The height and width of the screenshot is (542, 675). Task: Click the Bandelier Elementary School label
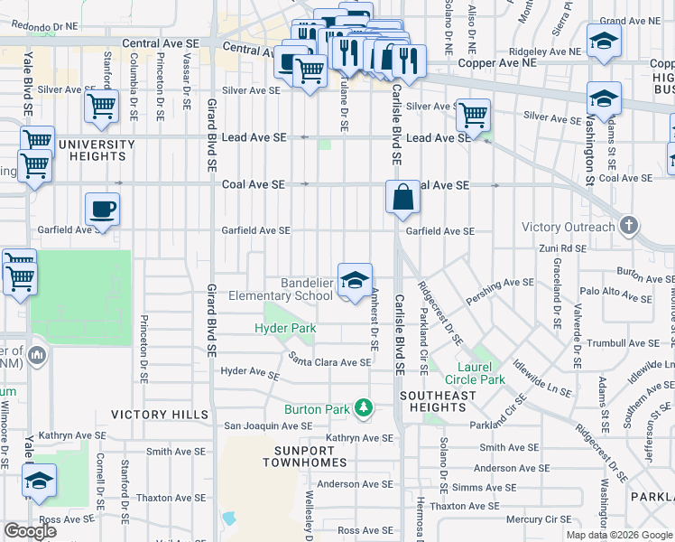point(281,289)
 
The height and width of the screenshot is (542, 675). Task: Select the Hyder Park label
point(285,328)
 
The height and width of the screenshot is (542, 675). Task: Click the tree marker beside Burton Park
point(363,409)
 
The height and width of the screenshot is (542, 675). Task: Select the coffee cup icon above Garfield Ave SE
point(102,210)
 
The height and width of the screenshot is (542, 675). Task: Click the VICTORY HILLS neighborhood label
point(152,415)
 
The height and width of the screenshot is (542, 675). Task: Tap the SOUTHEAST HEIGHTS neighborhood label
point(438,402)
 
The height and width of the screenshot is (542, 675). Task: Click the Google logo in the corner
point(31,531)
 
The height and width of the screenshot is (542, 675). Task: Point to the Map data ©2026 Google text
point(620,535)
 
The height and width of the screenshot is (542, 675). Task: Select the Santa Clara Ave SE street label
point(329,362)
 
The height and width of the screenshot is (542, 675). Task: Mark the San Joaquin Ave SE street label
point(268,425)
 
